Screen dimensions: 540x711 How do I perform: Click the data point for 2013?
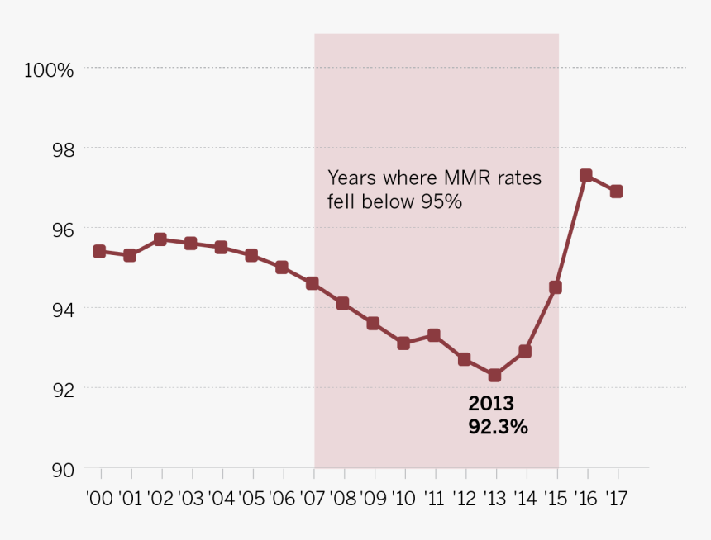coord(494,376)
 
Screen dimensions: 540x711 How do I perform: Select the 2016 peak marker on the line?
coord(586,175)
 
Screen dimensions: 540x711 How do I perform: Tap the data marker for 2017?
coord(616,192)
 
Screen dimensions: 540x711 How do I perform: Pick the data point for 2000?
coord(99,251)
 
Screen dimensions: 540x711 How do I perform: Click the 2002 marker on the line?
coord(160,239)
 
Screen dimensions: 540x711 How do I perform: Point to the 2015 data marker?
coord(556,287)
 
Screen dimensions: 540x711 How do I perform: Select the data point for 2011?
coord(433,335)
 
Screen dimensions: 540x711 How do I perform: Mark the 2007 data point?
coord(312,283)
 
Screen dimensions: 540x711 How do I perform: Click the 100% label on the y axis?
coord(49,70)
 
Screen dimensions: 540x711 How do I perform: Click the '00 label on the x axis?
coord(100,499)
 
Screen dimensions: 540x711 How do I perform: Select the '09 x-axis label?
coord(374,499)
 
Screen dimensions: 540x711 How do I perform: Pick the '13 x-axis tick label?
coord(496,499)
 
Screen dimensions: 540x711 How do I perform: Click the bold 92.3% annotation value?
coord(498,427)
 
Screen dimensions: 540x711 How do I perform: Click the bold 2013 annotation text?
coord(491,405)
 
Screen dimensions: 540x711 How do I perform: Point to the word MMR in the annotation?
coord(446,178)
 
